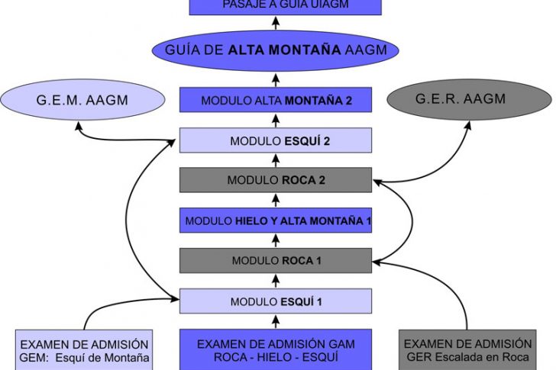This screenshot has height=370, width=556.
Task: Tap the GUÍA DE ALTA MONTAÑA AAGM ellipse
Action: (276, 50)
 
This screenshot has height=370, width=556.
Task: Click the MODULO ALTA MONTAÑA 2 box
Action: (276, 100)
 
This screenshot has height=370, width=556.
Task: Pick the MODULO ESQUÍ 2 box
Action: (276, 141)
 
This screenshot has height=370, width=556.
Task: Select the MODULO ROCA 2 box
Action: (276, 180)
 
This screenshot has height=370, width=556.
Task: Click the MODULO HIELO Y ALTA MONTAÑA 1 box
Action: (276, 220)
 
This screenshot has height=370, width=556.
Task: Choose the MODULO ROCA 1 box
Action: (276, 261)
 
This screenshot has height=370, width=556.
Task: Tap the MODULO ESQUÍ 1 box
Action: (276, 301)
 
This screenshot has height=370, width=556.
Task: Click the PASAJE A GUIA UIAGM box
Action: (276, 6)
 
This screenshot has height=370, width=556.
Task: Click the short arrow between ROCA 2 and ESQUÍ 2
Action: (276, 161)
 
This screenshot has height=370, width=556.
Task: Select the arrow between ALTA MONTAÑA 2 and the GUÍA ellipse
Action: (276, 79)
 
